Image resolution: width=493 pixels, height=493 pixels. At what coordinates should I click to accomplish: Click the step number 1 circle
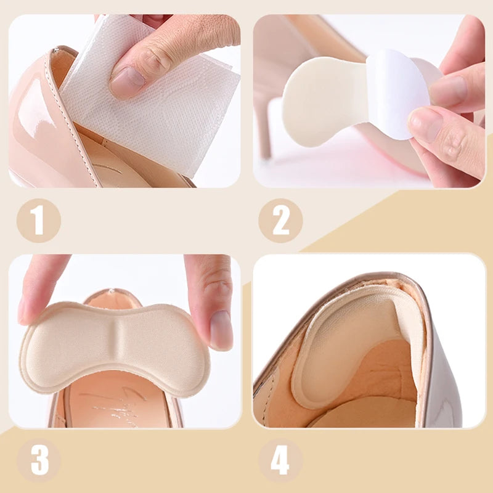click(38, 221)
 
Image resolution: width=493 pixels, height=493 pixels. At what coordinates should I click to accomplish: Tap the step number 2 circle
click(280, 221)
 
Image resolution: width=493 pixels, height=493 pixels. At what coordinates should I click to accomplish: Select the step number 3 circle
click(38, 460)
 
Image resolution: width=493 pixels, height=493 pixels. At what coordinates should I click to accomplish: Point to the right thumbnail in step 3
click(221, 330)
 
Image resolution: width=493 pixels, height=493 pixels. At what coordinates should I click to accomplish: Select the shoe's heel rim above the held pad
click(111, 294)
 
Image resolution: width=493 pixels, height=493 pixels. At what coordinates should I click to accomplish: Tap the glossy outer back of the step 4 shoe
click(444, 382)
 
